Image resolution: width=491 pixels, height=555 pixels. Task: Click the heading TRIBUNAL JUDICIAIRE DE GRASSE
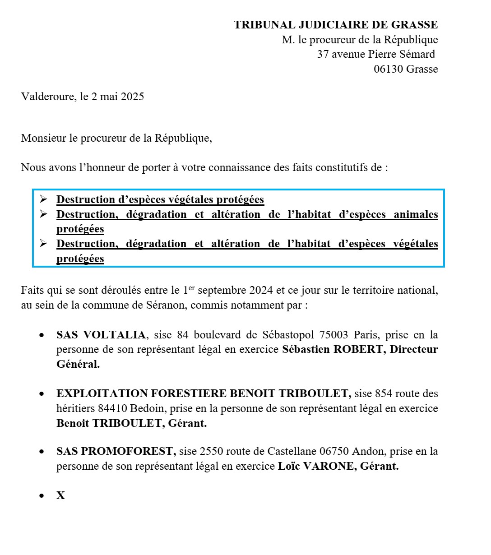pos(336,25)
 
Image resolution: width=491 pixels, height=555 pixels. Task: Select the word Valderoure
pos(47,97)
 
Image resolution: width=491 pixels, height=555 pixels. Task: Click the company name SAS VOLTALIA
pos(101,335)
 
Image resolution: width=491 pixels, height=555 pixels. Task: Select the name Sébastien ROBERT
pos(332,350)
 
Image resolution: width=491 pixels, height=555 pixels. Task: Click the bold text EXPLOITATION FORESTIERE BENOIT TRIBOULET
pos(204,393)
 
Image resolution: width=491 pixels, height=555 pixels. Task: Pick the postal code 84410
pos(112,408)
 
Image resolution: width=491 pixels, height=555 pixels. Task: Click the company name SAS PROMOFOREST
pos(116,451)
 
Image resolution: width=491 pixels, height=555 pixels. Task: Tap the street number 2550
pos(211,451)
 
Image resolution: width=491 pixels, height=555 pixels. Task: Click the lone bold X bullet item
pos(60,495)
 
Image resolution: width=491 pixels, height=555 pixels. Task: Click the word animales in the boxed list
pos(416,214)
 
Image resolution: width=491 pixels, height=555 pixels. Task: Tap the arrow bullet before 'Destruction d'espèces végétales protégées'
pos(43,199)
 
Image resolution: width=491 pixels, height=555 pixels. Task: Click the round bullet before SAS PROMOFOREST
pos(42,451)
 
